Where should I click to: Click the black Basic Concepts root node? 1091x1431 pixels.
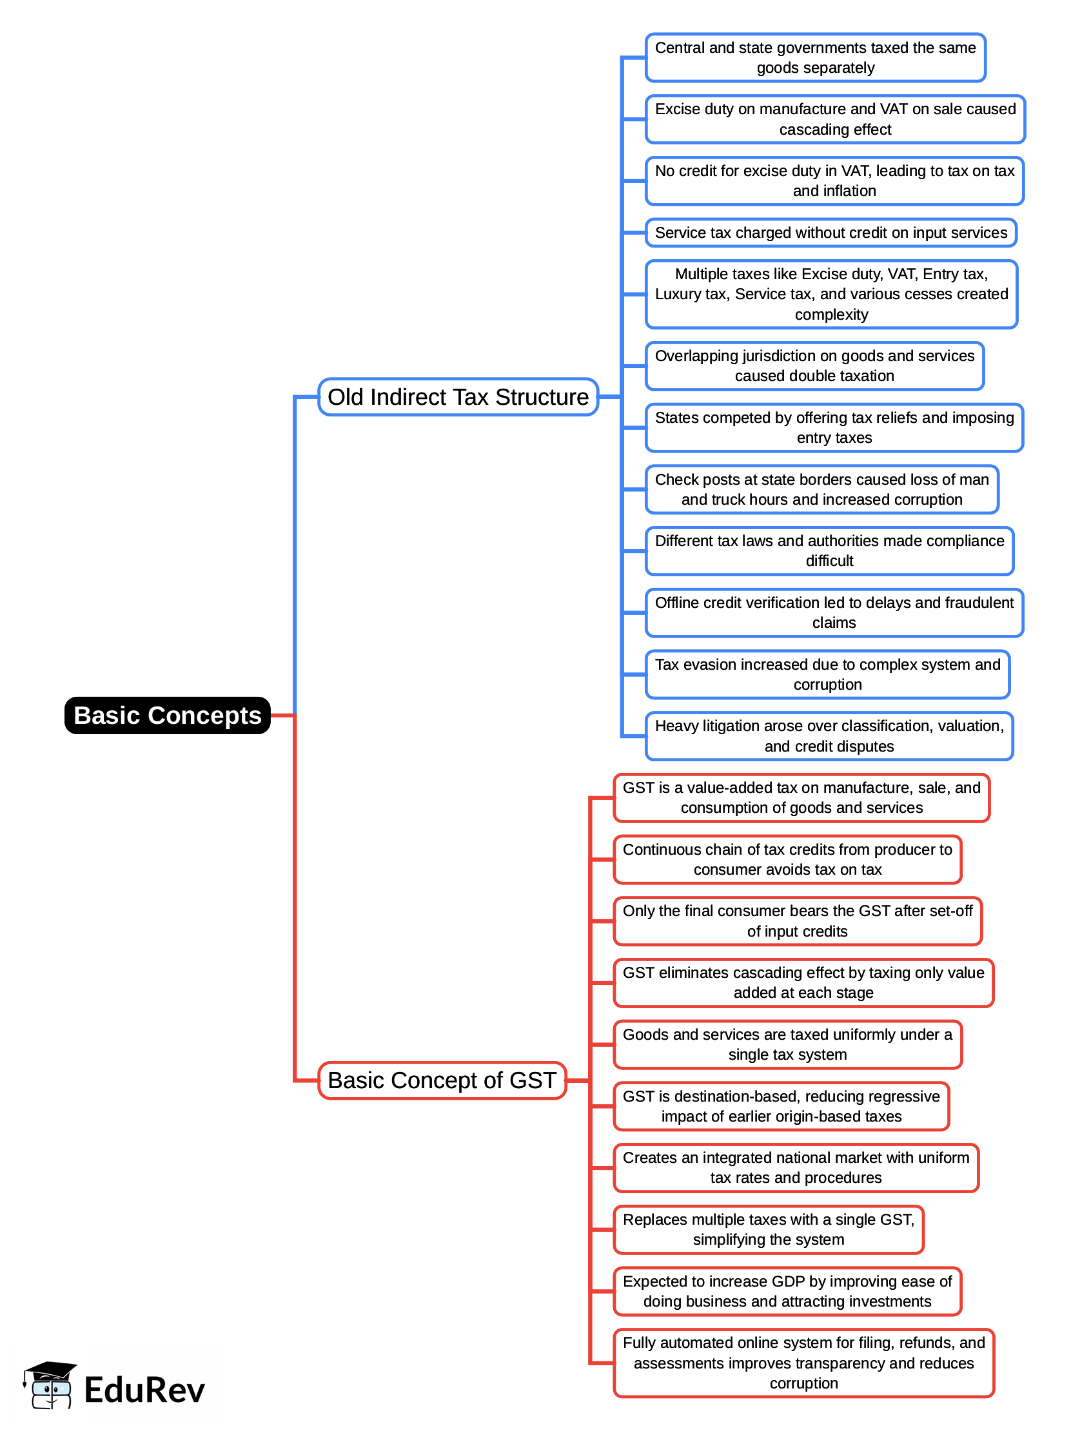168,715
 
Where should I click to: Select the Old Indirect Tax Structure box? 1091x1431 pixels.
458,397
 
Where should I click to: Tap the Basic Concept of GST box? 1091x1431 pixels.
442,1081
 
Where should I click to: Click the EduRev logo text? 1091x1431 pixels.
144,1390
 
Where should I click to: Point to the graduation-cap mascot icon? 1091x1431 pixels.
50,1385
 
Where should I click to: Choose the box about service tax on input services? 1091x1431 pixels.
831,233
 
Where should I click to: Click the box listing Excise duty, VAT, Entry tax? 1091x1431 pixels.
831,294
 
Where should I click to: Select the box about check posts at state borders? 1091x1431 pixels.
821,489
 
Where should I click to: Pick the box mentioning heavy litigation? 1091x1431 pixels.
829,736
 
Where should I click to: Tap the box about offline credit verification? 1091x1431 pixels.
834,613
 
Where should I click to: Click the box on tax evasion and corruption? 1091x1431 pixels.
827,675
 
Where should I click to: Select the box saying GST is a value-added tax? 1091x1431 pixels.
801,798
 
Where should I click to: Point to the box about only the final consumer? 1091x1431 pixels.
798,921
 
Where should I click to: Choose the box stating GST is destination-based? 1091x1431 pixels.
781,1106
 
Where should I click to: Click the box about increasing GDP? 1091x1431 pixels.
787,1291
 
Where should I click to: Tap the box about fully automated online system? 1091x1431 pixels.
803,1363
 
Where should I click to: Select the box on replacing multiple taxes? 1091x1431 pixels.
768,1230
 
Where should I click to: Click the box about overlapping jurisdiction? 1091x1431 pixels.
814,366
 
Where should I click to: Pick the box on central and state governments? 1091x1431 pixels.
815,58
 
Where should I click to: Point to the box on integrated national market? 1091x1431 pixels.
796,1168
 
